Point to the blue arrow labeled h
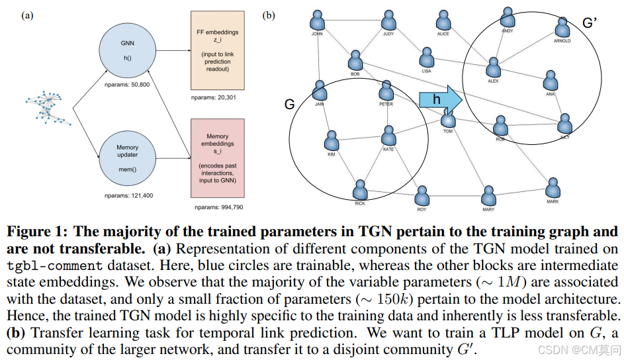tap(440, 99)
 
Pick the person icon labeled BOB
tap(357, 60)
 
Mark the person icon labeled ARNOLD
tap(562, 28)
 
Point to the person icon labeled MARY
tap(488, 196)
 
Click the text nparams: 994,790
tap(218, 207)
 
